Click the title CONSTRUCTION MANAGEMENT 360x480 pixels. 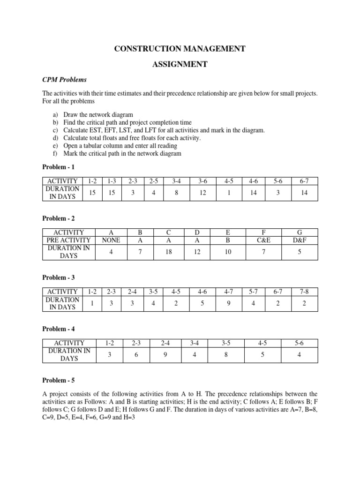(180, 48)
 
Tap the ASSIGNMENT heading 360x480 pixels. (180, 64)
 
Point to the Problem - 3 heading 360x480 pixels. (59, 277)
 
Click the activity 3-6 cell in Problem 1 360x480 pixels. (202, 181)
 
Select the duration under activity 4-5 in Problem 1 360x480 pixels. (229, 193)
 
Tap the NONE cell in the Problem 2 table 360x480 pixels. (111, 240)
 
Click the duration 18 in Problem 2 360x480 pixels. (169, 252)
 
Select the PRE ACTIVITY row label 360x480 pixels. (69, 240)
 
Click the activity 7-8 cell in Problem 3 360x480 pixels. (305, 292)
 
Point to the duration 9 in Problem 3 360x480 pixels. (229, 303)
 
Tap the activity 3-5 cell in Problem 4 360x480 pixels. (225, 343)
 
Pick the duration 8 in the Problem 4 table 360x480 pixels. (225, 355)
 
